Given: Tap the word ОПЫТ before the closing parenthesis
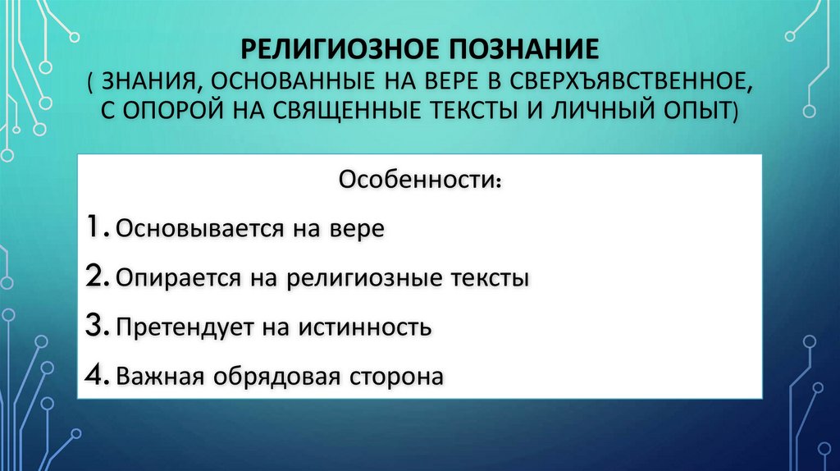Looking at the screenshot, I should [x=700, y=109].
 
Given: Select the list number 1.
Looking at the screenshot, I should [x=97, y=227].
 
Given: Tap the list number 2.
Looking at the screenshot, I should [x=97, y=277].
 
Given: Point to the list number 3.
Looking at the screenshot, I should [x=97, y=327].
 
